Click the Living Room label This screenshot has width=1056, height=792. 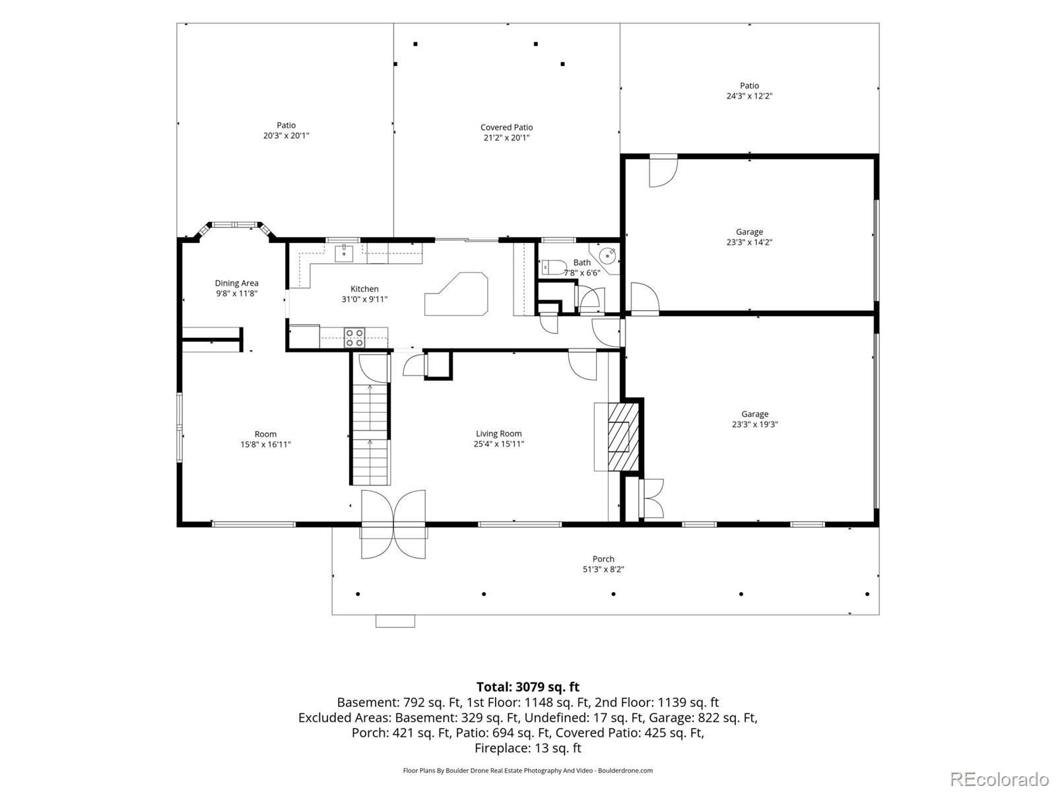tap(498, 434)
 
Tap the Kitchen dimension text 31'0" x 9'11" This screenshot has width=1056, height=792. tap(364, 299)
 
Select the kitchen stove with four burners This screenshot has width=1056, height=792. tap(354, 337)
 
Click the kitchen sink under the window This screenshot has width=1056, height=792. tap(344, 253)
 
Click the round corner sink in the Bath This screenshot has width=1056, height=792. tap(609, 255)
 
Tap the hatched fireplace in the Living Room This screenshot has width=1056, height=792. tap(624, 437)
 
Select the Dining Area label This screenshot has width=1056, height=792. tap(236, 283)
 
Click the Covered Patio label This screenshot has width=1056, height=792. tap(507, 127)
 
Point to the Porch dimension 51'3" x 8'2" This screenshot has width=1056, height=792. tap(603, 570)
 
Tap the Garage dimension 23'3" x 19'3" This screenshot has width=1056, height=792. tap(755, 424)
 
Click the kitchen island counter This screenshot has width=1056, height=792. tap(456, 294)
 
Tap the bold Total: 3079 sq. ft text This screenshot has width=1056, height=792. tap(528, 686)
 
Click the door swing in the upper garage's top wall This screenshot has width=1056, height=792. tap(663, 171)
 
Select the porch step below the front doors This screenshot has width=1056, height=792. tap(395, 621)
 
